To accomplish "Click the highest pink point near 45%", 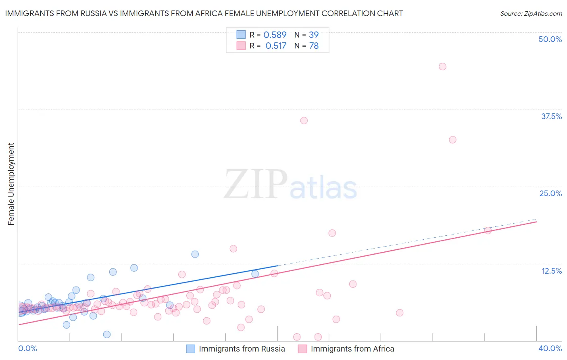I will (x=442, y=67).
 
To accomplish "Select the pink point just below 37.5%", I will (x=304, y=121).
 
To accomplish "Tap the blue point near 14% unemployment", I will (x=195, y=254).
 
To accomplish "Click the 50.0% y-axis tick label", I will (x=550, y=39).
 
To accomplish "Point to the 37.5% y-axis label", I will (x=551, y=116).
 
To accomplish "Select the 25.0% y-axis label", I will (x=550, y=193).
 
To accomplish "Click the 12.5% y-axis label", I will (x=551, y=271).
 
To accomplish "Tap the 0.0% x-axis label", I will (x=27, y=348).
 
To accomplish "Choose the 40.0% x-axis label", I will (x=550, y=348).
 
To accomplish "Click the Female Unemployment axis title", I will (x=11, y=184).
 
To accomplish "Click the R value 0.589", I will (x=275, y=35).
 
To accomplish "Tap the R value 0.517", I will (x=276, y=46).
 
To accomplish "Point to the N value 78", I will (x=314, y=46).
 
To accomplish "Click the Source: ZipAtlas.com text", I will (x=531, y=14).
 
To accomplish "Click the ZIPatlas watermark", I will (x=290, y=185).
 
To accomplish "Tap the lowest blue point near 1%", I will (x=107, y=334).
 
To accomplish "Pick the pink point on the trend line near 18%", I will (x=488, y=230).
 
